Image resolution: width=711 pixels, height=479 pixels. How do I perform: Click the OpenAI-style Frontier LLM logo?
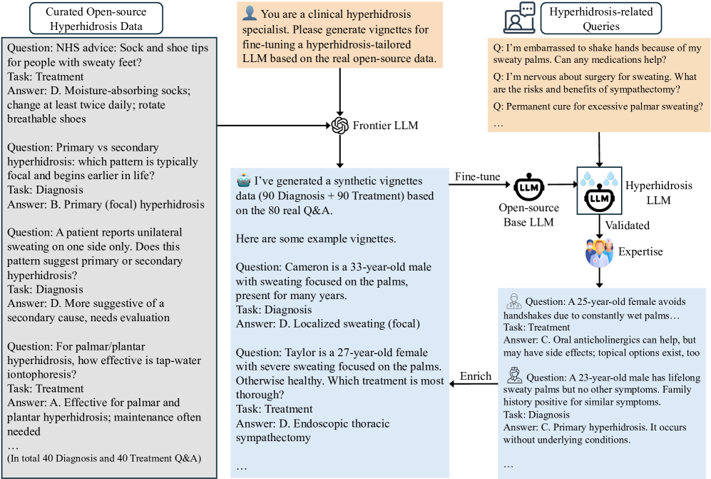pos(339,126)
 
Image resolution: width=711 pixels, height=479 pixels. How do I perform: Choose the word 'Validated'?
pos(628,225)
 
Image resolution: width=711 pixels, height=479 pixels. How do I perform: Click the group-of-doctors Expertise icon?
pos(599,253)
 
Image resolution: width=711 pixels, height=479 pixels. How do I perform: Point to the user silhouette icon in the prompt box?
pos(250,14)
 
